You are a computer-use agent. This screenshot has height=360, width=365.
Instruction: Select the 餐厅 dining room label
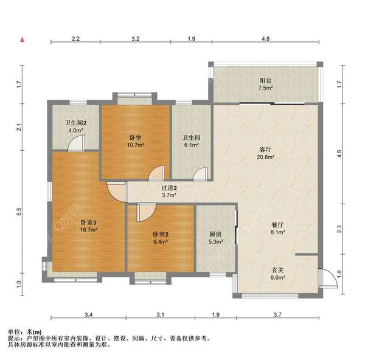[x=278, y=223]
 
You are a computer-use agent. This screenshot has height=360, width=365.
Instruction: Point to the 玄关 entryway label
[x=277, y=269]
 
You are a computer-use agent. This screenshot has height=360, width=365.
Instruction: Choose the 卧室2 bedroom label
[x=160, y=234]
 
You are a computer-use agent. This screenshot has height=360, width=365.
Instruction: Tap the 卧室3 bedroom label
[x=89, y=222]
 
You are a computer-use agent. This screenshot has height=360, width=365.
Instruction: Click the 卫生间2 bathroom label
[x=76, y=122]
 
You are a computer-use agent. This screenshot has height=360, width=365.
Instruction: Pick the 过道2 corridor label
[x=169, y=188]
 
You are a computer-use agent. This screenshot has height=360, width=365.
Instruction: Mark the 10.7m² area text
[x=136, y=145]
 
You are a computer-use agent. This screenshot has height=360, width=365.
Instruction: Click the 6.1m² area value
[x=191, y=145]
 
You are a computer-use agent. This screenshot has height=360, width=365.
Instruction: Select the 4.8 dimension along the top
[x=266, y=38]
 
